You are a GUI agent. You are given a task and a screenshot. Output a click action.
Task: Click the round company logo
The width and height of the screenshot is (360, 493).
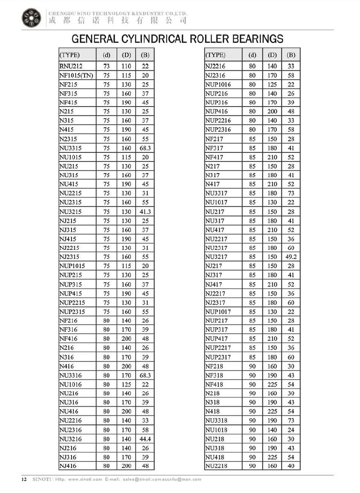click(31, 18)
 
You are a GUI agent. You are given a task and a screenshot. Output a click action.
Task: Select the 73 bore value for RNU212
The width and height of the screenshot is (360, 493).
click(106, 66)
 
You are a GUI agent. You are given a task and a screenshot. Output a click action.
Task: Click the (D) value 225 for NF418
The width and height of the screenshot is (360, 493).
click(272, 384)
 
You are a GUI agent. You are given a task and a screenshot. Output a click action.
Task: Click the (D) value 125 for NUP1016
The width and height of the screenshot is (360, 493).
click(272, 84)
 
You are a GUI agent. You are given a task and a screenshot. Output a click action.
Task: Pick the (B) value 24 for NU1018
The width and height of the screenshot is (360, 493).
click(291, 430)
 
